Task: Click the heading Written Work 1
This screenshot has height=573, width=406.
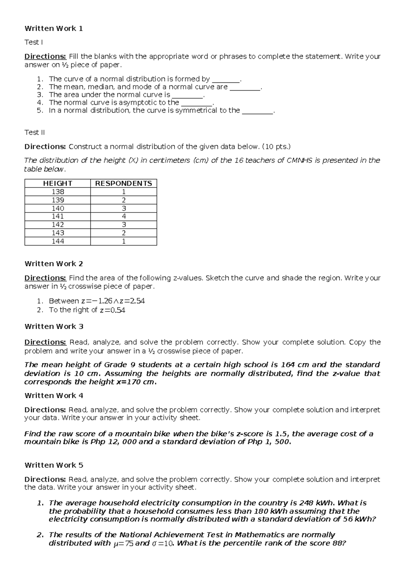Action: click(53, 28)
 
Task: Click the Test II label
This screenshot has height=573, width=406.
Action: click(35, 132)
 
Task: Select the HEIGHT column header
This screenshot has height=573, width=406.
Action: click(58, 183)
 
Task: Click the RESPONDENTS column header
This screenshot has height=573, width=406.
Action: click(123, 183)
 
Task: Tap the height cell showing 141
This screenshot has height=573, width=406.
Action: click(58, 216)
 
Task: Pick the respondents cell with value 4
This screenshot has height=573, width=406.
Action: click(123, 216)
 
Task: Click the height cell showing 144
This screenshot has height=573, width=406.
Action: click(58, 241)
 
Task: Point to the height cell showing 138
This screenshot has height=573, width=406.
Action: click(58, 192)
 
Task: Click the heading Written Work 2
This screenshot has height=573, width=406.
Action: click(53, 264)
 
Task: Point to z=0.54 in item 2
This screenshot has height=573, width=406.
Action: click(113, 310)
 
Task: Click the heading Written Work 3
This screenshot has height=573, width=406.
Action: click(53, 326)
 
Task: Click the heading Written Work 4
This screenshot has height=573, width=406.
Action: click(53, 395)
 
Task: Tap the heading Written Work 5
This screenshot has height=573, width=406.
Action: click(53, 465)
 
